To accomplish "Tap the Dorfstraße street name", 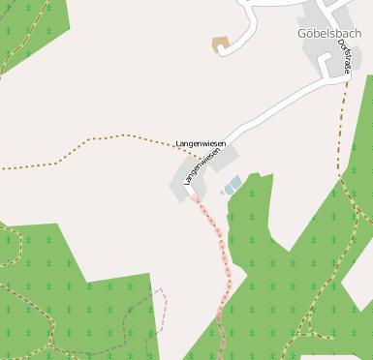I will coord(346,58).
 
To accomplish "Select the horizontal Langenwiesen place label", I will coord(201,143).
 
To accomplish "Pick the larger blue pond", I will coord(233,183).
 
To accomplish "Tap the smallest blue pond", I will coord(222,192).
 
